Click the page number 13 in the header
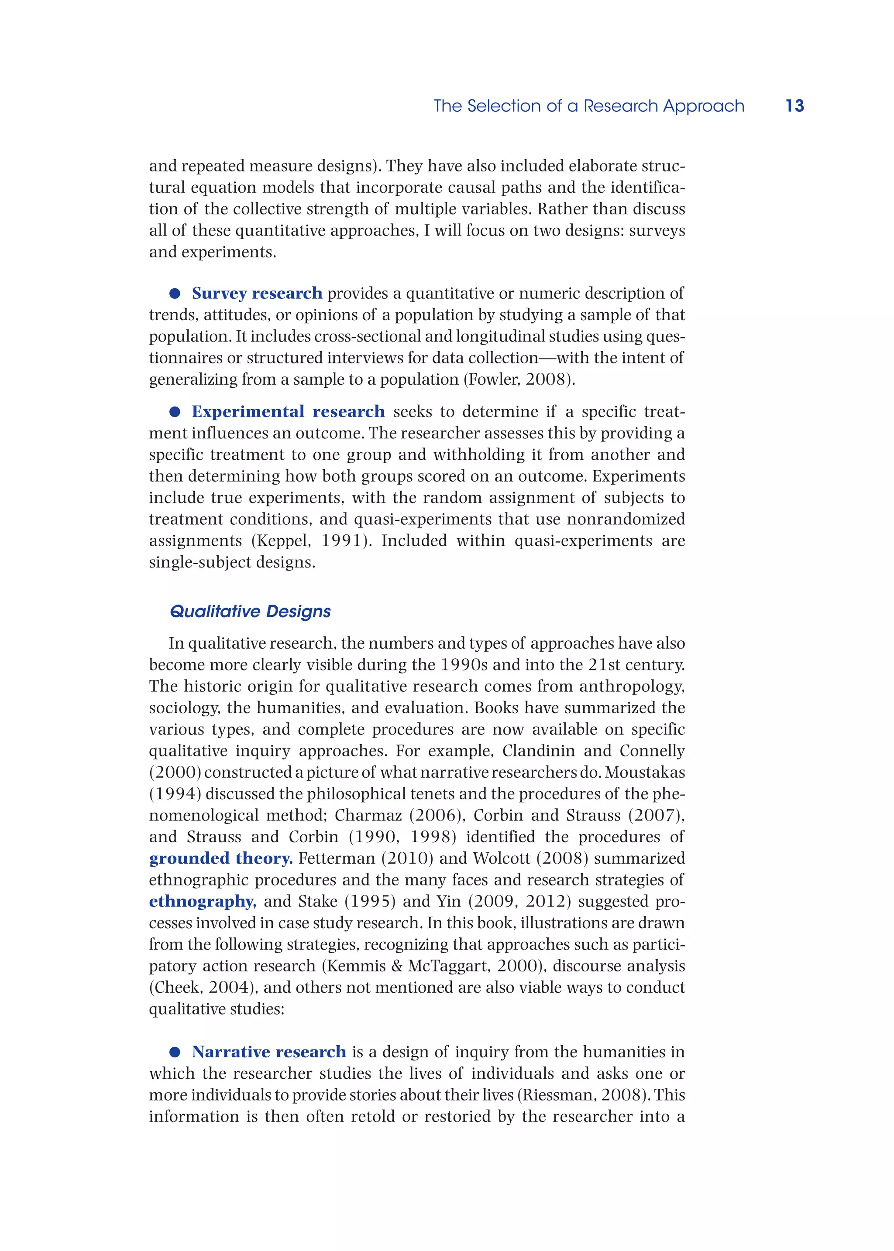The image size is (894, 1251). pyautogui.click(x=794, y=106)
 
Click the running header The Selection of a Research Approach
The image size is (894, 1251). pyautogui.click(x=588, y=106)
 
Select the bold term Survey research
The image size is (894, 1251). pyautogui.click(x=257, y=293)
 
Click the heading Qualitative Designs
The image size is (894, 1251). pyautogui.click(x=250, y=611)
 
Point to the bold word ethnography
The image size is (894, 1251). pyautogui.click(x=202, y=901)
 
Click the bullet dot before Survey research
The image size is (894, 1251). pyautogui.click(x=175, y=294)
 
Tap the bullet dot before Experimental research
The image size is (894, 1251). pyautogui.click(x=175, y=412)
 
